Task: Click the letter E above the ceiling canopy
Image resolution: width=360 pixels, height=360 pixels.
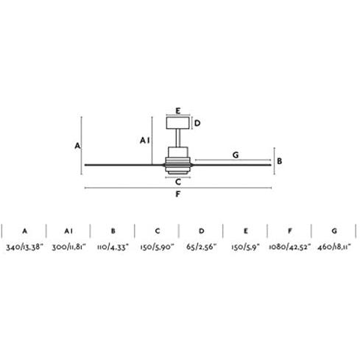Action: coord(178,111)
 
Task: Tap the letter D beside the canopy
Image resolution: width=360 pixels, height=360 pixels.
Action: coord(197,123)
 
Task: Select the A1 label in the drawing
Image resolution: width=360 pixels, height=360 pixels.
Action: coord(144,141)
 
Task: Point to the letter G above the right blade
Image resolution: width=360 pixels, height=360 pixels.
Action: coord(236,155)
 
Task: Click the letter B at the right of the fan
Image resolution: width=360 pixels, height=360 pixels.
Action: coord(279,161)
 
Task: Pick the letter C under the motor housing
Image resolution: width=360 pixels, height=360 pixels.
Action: coord(178,182)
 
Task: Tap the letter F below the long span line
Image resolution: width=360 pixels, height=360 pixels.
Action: coord(178,194)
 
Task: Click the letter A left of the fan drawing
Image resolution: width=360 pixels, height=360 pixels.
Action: coord(77,146)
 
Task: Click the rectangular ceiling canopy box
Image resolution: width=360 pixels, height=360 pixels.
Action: coord(178,123)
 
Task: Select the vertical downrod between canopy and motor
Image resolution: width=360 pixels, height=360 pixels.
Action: coord(178,138)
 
